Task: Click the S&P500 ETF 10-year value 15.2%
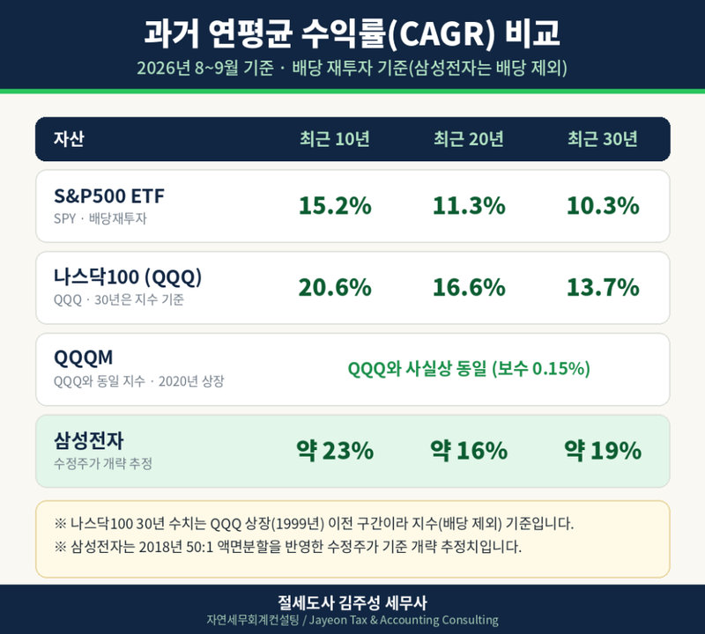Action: click(335, 206)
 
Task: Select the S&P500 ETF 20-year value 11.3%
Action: click(469, 206)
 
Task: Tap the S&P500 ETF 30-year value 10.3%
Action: click(603, 206)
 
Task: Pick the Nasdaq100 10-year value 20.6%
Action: click(335, 288)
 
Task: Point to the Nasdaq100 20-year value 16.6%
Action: click(469, 288)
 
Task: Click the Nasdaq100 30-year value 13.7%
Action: click(603, 288)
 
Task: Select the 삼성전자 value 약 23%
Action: click(335, 450)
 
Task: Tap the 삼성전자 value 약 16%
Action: click(469, 450)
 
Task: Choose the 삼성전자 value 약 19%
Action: click(603, 450)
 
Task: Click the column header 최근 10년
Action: click(335, 139)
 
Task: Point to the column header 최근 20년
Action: click(469, 139)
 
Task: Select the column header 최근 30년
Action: click(603, 139)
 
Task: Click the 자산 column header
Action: click(69, 139)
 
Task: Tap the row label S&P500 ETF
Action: click(109, 195)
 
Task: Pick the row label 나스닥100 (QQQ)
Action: click(128, 277)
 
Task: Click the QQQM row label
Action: click(83, 358)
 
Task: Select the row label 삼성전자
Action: click(89, 440)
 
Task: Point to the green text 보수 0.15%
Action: click(541, 369)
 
